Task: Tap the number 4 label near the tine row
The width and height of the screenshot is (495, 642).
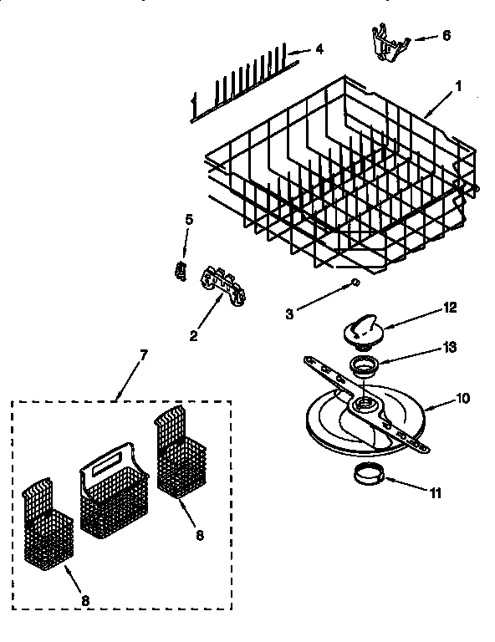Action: point(319,49)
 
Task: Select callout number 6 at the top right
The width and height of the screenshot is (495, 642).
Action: point(446,36)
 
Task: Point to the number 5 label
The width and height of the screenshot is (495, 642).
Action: point(188,220)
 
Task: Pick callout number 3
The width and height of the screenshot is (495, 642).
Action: point(290,315)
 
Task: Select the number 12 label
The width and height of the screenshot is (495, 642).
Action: point(450,308)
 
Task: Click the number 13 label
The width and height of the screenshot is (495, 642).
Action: point(451,347)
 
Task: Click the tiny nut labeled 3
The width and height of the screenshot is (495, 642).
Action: point(356,283)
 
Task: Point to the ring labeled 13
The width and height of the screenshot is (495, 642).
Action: point(363,364)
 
